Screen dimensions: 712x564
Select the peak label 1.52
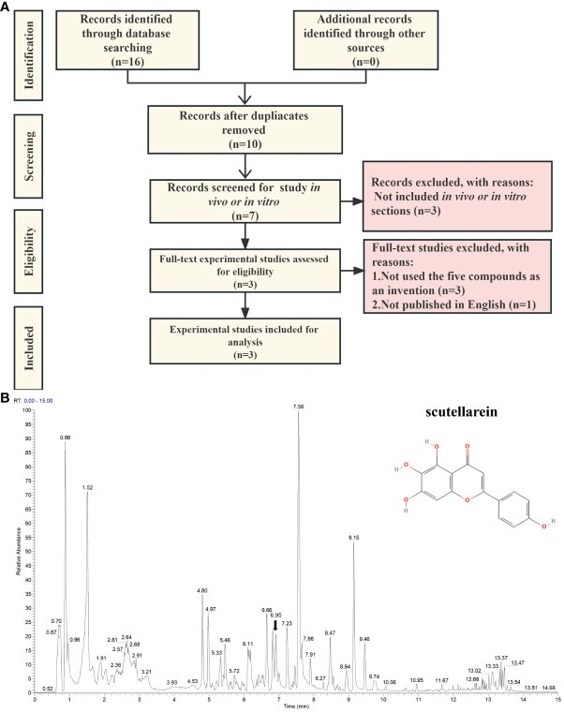(x=87, y=488)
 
